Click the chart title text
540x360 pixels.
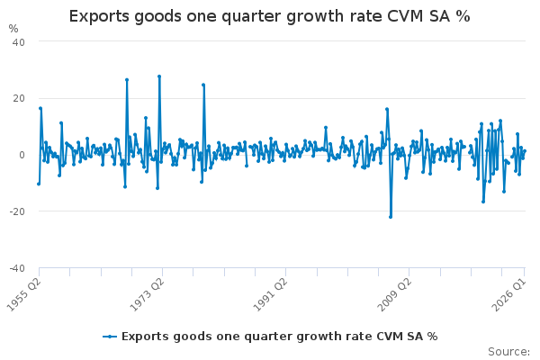269,16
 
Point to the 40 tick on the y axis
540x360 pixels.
19,42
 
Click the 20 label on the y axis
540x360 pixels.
19,98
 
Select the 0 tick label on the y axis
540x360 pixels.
22,155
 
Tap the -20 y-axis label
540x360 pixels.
17,211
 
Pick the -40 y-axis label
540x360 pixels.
17,268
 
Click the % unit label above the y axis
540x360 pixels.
13,29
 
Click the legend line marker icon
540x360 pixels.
110,337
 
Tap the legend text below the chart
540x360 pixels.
279,337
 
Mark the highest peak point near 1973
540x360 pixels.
159,76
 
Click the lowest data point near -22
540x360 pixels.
391,217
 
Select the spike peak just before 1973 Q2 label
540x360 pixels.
127,79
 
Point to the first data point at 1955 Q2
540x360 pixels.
39,184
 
